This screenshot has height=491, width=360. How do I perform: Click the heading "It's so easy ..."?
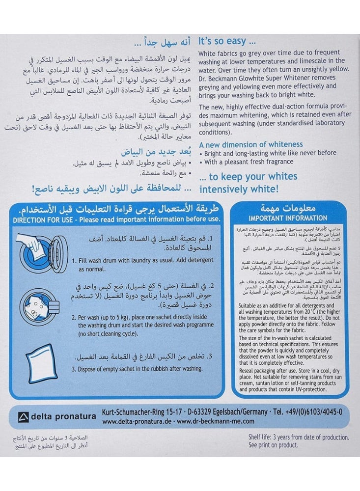pos(227,42)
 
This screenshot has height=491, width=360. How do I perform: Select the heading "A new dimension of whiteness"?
pos(250,144)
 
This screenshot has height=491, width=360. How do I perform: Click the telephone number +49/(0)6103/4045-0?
pos(314,411)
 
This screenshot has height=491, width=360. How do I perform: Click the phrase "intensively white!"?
pos(238,188)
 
